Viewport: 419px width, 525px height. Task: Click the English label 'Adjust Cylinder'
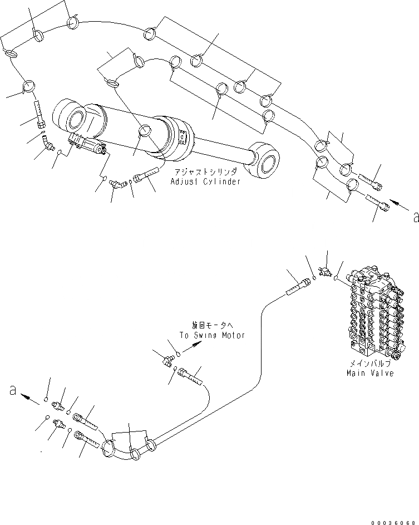pos(205,182)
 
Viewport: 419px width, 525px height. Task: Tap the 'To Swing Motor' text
pos(211,335)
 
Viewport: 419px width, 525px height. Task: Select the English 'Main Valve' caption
pos(370,373)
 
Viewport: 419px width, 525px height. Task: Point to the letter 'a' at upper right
pos(414,218)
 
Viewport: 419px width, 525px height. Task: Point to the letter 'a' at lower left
pos(13,391)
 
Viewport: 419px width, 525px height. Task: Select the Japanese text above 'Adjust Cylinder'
pos(205,173)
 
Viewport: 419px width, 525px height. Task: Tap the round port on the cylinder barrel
pos(144,131)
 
